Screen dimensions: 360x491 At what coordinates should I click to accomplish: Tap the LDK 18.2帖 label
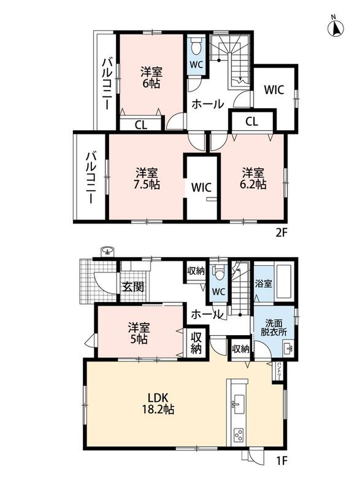point(158,403)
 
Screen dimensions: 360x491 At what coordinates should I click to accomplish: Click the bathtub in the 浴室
point(284,282)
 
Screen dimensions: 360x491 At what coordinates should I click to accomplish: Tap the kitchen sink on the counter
point(239,401)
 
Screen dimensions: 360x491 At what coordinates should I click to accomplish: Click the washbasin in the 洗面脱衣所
point(288,348)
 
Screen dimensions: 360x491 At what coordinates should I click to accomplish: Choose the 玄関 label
point(133,286)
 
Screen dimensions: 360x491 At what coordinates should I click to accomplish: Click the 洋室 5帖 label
point(139,333)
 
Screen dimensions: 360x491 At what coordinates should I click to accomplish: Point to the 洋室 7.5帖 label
point(147,179)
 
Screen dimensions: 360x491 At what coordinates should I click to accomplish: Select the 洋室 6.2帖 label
point(253,179)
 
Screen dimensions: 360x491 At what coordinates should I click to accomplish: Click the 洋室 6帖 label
point(151,78)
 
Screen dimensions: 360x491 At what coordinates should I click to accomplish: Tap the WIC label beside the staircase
point(274,90)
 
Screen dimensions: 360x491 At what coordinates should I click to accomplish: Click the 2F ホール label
point(207,104)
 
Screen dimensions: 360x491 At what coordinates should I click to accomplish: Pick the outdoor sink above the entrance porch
point(108,251)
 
